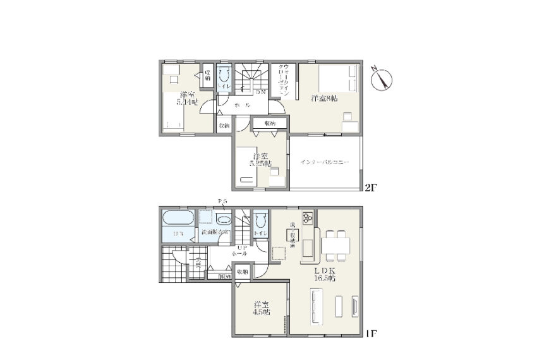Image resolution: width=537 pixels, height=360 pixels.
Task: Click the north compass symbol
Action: [x=382, y=79]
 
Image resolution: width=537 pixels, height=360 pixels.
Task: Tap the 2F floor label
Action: [x=371, y=187]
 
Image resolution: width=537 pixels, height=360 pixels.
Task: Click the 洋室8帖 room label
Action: [x=323, y=99]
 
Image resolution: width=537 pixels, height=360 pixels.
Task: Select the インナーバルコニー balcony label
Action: [x=324, y=162]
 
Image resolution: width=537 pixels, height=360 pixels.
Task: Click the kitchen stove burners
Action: [x=308, y=218]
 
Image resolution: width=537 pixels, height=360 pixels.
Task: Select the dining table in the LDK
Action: [x=335, y=243]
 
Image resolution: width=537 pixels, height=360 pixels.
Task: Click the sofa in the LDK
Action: [x=316, y=304]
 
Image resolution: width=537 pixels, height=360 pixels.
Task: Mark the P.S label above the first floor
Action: [x=221, y=201]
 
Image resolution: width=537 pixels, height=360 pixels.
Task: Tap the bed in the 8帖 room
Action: [x=335, y=79]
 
